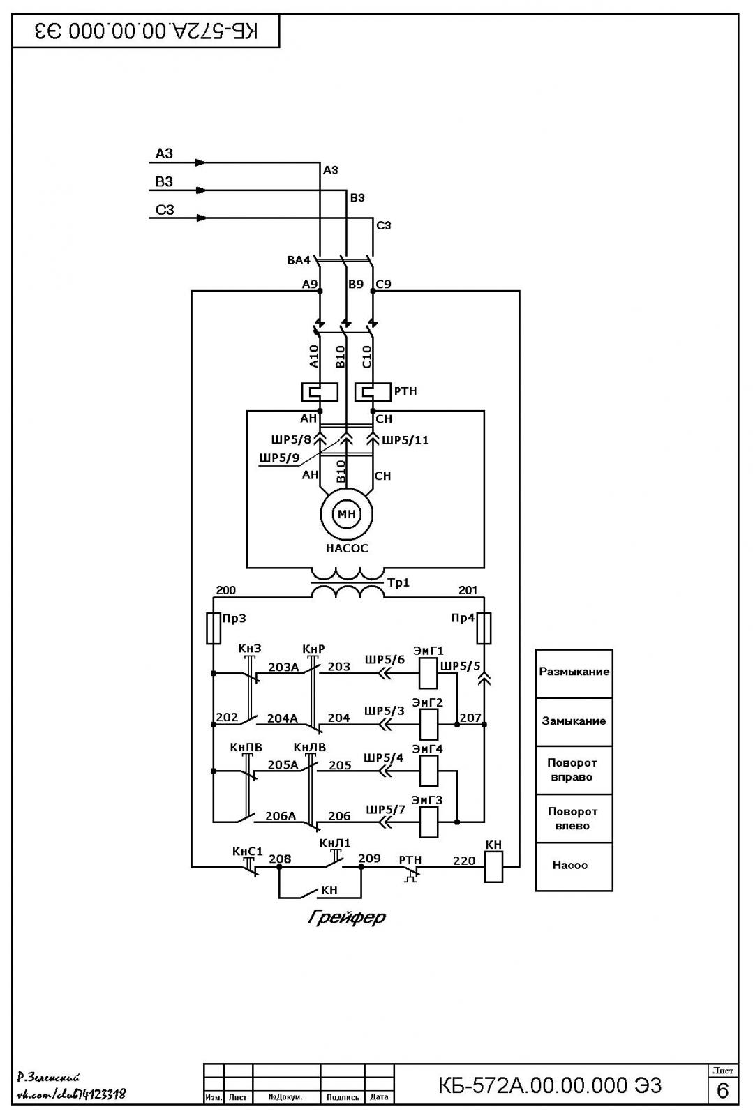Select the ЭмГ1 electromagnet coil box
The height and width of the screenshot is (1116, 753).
click(428, 673)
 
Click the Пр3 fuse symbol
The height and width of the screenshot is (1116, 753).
click(214, 628)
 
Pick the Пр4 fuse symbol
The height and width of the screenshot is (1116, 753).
click(484, 628)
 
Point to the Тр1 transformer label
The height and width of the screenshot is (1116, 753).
click(398, 582)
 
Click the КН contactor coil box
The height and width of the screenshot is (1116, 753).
click(493, 867)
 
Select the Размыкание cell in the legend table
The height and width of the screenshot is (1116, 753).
click(574, 673)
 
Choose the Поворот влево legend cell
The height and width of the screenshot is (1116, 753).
click(574, 819)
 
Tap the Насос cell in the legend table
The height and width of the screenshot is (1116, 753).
click(574, 867)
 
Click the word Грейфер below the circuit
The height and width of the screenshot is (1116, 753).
click(347, 917)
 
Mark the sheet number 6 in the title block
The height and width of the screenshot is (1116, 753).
click(722, 1091)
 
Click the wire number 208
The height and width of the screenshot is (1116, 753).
click(280, 859)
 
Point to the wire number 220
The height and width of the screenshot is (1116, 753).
click(464, 861)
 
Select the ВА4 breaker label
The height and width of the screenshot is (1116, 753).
click(299, 260)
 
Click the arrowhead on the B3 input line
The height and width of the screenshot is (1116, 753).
click(201, 190)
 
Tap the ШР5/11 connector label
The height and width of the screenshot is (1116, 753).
click(405, 440)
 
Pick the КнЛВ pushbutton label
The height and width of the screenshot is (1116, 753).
click(309, 747)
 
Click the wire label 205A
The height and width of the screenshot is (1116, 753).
click(283, 764)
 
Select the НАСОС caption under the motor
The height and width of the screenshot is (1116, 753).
click(347, 548)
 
